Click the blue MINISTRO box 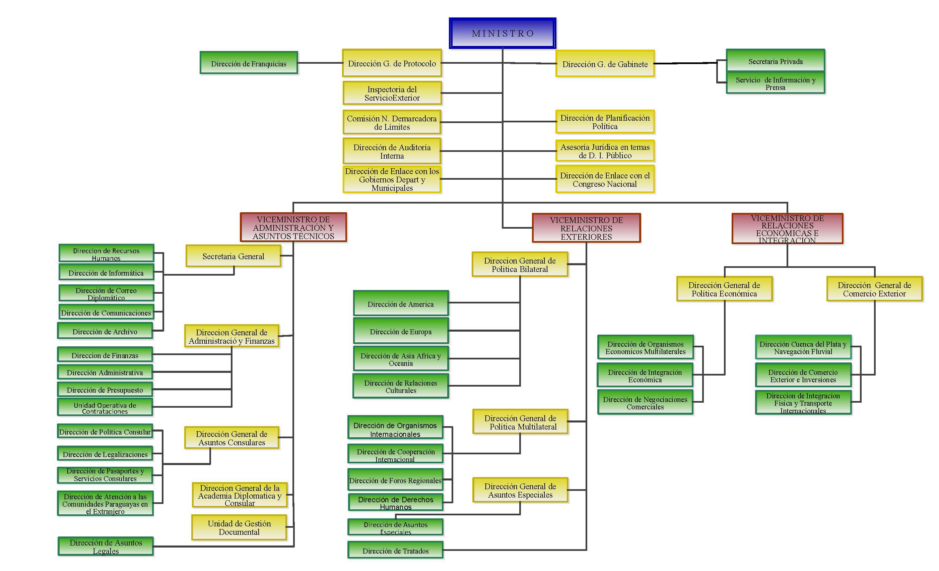pos(502,33)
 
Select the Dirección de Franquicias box pos(249,63)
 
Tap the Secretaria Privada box pos(775,61)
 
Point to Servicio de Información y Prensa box pos(775,83)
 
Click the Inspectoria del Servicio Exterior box pos(392,93)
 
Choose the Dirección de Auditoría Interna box pos(392,151)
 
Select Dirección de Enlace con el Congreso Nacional pos(605,179)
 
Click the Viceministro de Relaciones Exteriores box pos(586,228)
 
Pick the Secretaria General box pos(233,256)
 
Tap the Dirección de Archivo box pos(105,331)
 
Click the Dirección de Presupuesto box pos(105,389)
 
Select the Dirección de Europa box pos(401,331)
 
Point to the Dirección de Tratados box pos(395,551)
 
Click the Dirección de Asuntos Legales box pos(106,546)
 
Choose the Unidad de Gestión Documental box pos(239,527)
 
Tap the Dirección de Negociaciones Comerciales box pos(645,402)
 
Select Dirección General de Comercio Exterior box pos(874,289)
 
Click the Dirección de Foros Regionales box pos(395,480)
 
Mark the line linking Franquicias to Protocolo pos(320,63)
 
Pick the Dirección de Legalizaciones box pos(105,454)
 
